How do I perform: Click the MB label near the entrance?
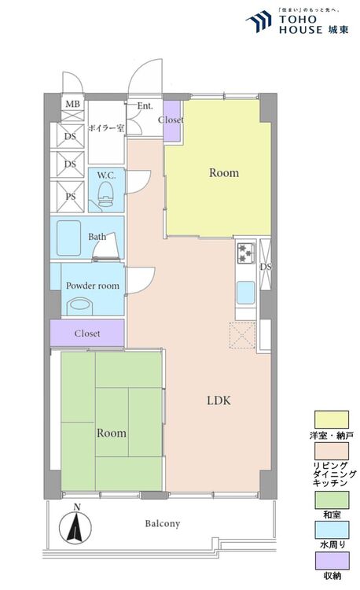click(72, 104)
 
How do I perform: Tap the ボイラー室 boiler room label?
click(106, 128)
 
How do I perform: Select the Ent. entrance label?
click(145, 105)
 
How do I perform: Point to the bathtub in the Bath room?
click(68, 238)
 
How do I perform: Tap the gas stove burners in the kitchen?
click(246, 253)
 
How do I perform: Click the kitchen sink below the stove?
click(246, 293)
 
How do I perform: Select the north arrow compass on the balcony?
click(75, 525)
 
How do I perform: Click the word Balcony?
click(163, 523)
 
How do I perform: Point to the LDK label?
click(219, 400)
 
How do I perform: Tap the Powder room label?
click(93, 286)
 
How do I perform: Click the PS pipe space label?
click(71, 197)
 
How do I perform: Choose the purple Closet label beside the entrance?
click(171, 120)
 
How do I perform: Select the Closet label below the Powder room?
click(87, 334)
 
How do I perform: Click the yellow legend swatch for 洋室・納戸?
click(332, 419)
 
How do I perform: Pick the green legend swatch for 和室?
click(332, 500)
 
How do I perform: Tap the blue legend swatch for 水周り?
click(332, 530)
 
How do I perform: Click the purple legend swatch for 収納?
click(332, 561)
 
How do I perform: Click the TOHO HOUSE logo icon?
click(259, 21)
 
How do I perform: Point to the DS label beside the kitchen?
click(266, 267)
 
